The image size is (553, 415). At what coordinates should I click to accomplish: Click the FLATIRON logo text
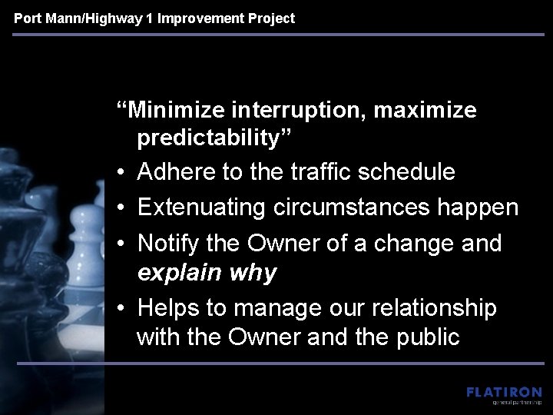[503, 392]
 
